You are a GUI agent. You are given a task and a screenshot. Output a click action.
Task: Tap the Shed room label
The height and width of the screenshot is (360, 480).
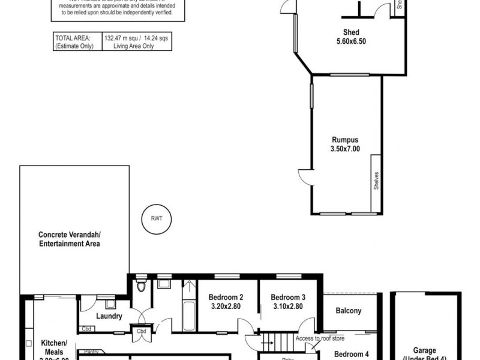[351, 33]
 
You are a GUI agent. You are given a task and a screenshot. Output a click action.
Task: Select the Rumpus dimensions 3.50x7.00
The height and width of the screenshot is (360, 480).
[346, 149]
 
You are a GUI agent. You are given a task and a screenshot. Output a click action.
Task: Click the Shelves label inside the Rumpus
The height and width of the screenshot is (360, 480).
[376, 182]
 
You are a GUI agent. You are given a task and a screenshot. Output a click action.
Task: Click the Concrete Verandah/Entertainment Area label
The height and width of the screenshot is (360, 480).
[69, 239]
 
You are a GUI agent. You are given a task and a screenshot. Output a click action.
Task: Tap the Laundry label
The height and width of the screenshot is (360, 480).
[109, 316]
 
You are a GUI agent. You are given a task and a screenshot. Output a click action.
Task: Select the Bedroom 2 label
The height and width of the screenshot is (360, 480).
[226, 297]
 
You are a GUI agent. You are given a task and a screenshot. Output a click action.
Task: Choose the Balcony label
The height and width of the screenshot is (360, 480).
[349, 311]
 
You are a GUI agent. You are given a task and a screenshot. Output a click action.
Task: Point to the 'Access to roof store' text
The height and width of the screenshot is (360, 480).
[320, 338]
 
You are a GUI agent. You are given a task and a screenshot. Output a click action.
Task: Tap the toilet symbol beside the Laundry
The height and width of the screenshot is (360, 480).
[142, 285]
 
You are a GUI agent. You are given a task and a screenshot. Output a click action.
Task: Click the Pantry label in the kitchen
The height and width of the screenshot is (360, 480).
[91, 352]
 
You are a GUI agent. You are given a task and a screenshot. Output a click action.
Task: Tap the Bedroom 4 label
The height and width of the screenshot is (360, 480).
[352, 354]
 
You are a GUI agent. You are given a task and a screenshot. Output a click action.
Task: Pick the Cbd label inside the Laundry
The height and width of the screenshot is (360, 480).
[86, 329]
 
